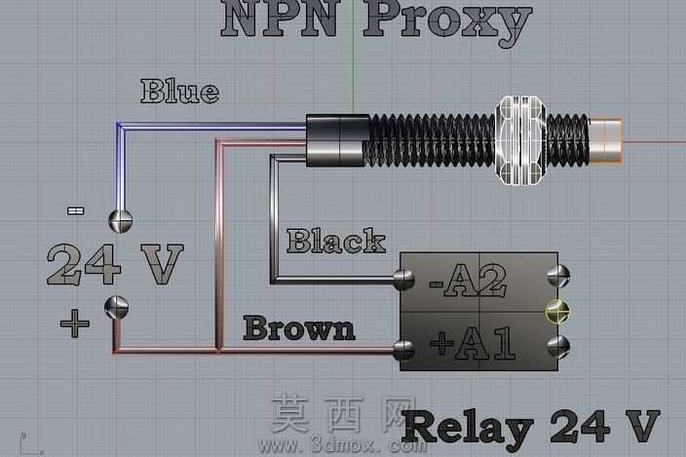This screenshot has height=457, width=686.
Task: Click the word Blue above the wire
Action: coord(180,92)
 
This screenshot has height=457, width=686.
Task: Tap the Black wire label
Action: coord(336,241)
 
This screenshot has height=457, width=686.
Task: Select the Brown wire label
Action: coord(299,328)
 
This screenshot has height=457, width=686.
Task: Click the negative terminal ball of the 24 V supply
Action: coord(120,220)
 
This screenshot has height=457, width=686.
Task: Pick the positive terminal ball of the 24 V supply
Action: coord(116,308)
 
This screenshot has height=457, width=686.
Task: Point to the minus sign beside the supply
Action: coord(75,211)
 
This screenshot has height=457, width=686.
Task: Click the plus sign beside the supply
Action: coord(75,324)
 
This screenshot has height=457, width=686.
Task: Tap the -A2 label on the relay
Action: coord(468,281)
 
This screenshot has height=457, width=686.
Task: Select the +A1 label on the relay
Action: coord(473,343)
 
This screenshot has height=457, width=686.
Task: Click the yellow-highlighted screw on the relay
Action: coord(557,312)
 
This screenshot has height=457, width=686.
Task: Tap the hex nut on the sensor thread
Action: coord(521,140)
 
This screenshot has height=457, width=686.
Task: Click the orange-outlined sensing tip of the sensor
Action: coord(606,141)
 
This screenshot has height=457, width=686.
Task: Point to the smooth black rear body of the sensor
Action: coord(338,140)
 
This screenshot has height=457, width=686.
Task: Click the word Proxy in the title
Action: coord(447,20)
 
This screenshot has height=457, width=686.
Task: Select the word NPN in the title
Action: coord(281,19)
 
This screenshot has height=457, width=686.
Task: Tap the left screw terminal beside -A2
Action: coord(403,280)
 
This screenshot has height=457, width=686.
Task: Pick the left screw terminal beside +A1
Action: coord(403,350)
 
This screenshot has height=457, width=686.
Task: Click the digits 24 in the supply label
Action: coord(84,264)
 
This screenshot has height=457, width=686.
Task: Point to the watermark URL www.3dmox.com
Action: coord(343,445)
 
